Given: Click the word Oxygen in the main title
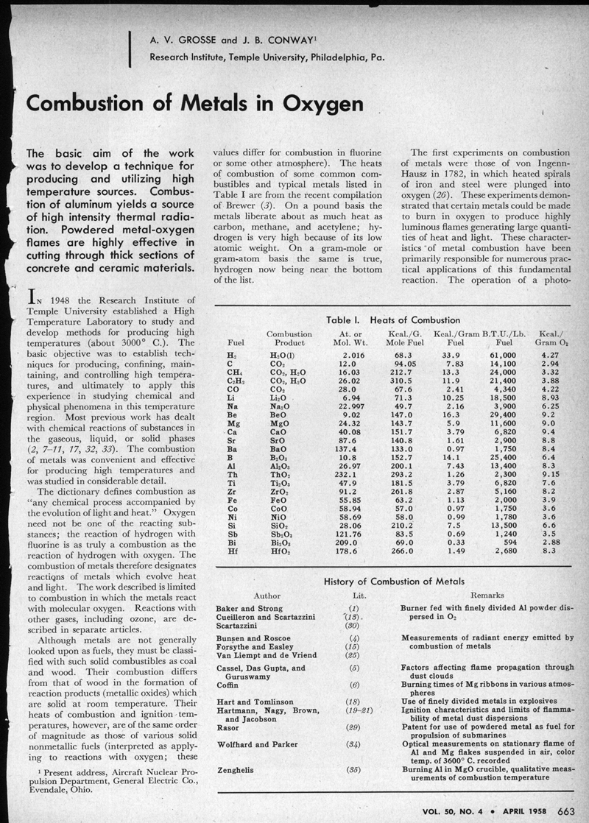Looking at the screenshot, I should [315, 104].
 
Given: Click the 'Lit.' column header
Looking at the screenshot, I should [354, 595].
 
